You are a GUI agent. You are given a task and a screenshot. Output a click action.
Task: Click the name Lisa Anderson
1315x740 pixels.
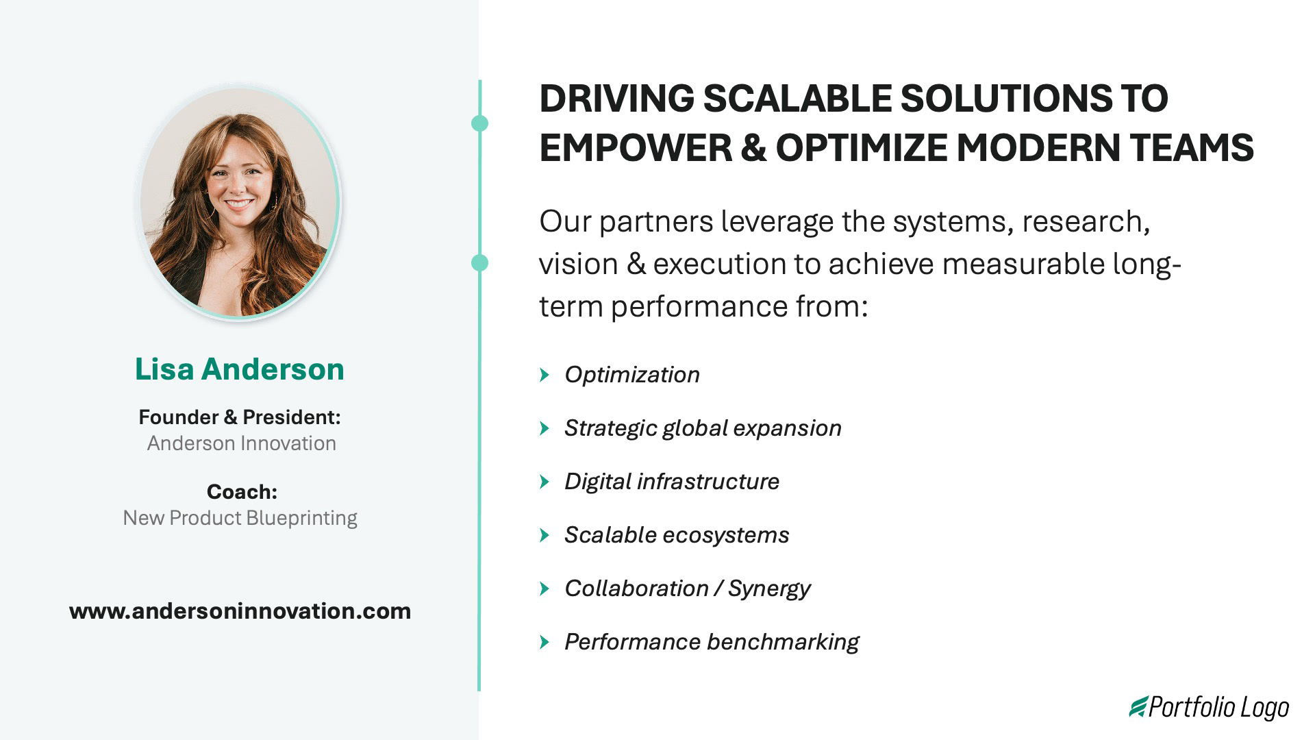pos(239,369)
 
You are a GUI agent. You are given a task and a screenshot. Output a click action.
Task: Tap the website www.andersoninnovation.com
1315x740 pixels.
pos(240,610)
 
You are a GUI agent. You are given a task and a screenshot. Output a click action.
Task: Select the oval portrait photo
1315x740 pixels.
pos(239,203)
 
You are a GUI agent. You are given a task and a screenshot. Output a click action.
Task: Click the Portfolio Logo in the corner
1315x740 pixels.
pos(1210,707)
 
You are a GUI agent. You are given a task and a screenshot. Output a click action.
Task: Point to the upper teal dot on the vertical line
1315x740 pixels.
pos(480,123)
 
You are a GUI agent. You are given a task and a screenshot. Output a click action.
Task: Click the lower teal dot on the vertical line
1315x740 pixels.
pos(480,262)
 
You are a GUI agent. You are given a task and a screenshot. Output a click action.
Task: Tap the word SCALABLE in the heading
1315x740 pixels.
pos(797,98)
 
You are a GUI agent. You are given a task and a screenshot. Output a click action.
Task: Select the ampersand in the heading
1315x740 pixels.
pos(753,147)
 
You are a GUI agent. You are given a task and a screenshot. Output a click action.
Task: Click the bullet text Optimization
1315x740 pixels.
pos(631,375)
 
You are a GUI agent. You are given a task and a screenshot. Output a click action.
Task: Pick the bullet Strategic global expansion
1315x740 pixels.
pos(702,428)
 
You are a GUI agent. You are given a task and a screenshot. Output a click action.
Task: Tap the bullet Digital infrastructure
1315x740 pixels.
pos(671,482)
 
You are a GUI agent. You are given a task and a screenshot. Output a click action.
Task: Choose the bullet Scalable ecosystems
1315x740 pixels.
pos(676,535)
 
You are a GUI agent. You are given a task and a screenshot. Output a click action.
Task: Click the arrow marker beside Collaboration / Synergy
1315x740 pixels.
pos(544,589)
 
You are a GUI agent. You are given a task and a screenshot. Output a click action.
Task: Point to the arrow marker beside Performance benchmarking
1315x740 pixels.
pos(544,642)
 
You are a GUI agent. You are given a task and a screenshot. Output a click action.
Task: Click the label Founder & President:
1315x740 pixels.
pos(239,417)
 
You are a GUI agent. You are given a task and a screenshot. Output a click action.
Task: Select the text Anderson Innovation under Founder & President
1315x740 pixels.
pos(241,443)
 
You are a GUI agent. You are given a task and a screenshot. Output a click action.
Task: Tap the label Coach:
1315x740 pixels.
pos(241,491)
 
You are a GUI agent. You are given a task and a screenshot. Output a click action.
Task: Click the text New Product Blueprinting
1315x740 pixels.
pos(240,518)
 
